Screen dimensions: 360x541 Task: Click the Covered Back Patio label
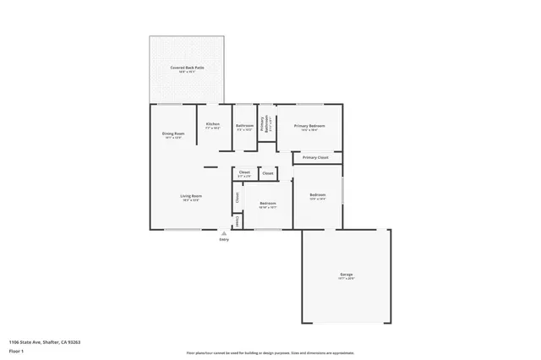(187, 67)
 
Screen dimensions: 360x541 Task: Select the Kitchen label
(213, 124)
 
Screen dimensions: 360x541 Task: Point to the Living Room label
(190, 196)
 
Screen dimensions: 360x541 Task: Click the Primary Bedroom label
(309, 126)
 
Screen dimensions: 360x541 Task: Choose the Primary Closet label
(316, 157)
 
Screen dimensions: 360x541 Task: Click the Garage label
(347, 275)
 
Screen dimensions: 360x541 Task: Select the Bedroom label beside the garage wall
(318, 196)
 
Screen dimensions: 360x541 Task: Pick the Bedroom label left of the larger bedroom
(268, 203)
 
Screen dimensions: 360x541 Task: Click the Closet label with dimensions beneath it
(244, 172)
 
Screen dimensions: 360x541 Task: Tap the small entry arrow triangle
(224, 234)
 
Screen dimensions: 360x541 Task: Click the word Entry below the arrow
(224, 241)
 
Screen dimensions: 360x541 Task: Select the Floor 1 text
(16, 349)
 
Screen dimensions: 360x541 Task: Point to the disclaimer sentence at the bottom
(270, 352)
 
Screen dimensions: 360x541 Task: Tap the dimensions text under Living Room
(190, 200)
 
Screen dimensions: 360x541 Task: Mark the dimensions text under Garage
(347, 279)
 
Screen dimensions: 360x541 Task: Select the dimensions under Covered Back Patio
(187, 72)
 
